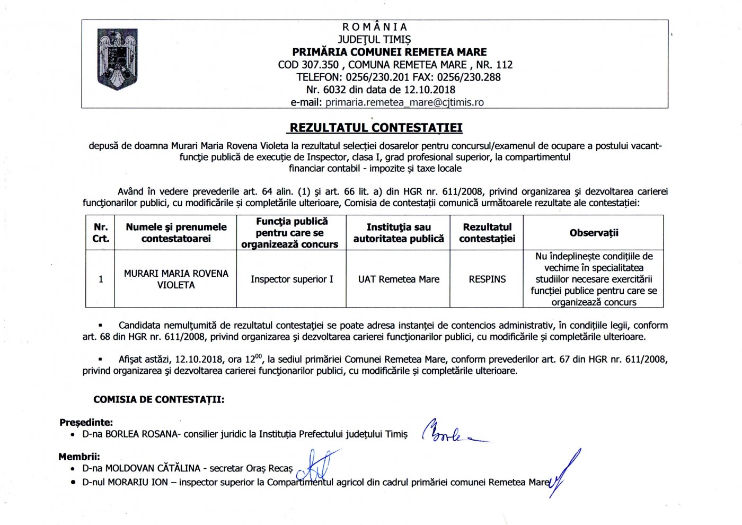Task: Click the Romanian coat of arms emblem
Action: coord(118,59)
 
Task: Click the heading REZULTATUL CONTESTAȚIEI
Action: coord(376,128)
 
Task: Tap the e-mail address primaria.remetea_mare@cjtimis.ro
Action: coord(404,102)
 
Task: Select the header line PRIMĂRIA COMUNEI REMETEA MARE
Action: coord(390,52)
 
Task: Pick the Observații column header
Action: coord(594,233)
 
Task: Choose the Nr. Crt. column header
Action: coord(101,233)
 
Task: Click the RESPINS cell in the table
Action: coord(487,279)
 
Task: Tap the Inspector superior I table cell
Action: coord(292,279)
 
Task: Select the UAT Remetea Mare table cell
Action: coord(399,279)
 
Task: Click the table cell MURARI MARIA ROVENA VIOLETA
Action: coord(176,279)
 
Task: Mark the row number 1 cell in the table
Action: coord(101,279)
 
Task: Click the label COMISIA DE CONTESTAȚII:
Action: coord(158,400)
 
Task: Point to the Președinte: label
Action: coord(86,423)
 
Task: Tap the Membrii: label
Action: coord(79,457)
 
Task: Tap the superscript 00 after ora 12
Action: coord(259,356)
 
